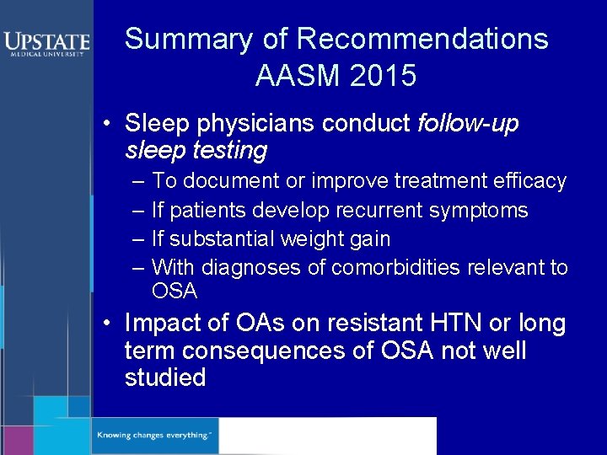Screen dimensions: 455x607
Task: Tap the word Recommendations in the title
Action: pyautogui.click(x=422, y=39)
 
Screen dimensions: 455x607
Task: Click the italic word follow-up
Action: pyautogui.click(x=468, y=124)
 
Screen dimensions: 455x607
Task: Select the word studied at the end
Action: pyautogui.click(x=165, y=377)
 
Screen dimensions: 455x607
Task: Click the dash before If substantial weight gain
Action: pyautogui.click(x=138, y=238)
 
